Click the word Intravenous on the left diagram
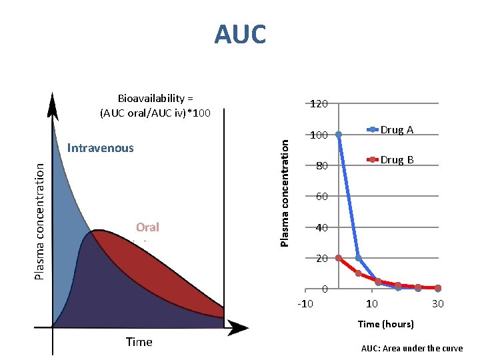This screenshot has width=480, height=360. click(101, 148)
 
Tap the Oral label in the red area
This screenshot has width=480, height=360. click(147, 227)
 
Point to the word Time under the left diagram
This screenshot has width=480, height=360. click(139, 342)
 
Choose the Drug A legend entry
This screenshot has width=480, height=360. click(397, 129)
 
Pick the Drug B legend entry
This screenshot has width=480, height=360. click(397, 160)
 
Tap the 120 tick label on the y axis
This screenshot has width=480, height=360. click(319, 104)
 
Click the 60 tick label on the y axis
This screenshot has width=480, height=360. click(321, 197)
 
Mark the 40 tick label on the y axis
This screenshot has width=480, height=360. click(321, 228)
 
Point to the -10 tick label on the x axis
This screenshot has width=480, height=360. click(305, 304)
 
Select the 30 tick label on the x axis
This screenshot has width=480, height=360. click(437, 304)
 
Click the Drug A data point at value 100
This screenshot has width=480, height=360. click(339, 135)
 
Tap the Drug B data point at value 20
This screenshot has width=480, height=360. click(339, 258)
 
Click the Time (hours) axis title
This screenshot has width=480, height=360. click(385, 324)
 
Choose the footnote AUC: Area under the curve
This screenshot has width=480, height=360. click(411, 348)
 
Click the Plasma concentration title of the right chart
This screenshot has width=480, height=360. click(285, 192)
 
